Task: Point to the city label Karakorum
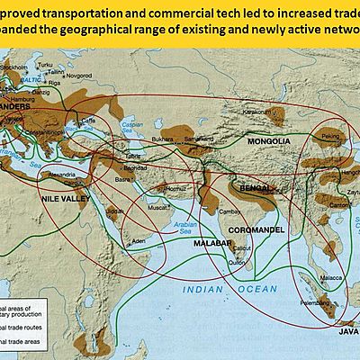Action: pyautogui.click(x=258, y=111)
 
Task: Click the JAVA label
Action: pyautogui.click(x=346, y=333)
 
